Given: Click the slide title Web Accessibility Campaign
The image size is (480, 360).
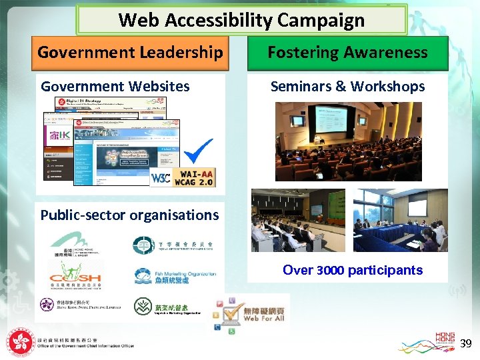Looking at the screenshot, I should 241,20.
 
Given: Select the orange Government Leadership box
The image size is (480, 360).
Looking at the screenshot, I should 130,53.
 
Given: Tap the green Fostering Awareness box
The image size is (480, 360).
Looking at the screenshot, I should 347,53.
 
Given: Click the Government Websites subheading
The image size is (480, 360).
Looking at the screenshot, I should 115,86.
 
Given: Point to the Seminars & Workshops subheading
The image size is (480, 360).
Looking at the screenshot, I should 347,86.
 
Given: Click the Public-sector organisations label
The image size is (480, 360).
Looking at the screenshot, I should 129,215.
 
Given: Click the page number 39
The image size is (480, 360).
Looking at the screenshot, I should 466,343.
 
